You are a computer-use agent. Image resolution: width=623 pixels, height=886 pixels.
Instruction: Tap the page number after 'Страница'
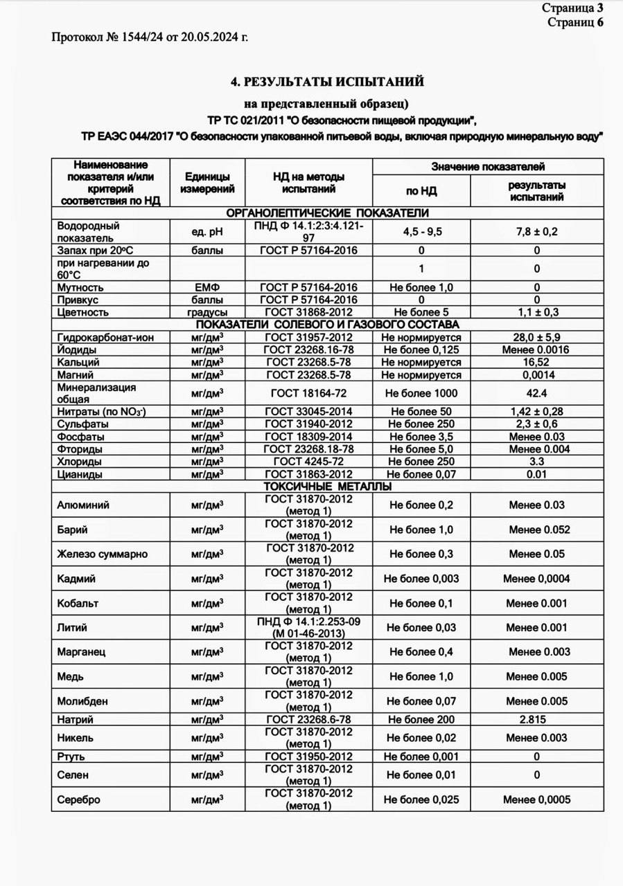coord(600,8)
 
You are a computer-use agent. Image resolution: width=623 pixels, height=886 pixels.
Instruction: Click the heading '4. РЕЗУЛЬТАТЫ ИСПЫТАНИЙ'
coord(327,82)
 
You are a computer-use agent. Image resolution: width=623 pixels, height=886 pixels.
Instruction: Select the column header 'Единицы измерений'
coord(207,183)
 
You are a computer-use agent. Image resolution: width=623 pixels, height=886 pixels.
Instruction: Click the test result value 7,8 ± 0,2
coord(536,232)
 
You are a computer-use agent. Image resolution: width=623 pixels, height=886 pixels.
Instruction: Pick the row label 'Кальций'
coord(78,362)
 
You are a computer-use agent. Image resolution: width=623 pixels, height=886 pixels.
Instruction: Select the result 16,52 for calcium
coord(536,362)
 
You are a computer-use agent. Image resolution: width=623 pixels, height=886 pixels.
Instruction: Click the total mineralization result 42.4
coord(536,393)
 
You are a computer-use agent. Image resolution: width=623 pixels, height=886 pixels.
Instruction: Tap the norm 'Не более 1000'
coord(421,393)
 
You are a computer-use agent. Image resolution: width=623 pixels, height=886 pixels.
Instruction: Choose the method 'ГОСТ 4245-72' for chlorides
coord(308,462)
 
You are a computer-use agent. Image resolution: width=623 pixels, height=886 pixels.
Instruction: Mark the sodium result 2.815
coord(536,720)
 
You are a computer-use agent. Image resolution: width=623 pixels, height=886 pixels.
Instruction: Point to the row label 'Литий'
coord(73,628)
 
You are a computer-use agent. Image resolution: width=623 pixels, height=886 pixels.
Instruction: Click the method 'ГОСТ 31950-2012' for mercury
coord(308,757)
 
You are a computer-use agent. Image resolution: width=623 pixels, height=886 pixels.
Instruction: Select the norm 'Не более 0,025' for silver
coord(421,799)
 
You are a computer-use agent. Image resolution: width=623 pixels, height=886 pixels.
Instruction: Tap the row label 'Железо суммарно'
coord(102,554)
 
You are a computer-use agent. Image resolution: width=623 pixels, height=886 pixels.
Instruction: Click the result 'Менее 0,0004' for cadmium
coord(536,579)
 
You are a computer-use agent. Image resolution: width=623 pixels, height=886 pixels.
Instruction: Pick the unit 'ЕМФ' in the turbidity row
coord(207,287)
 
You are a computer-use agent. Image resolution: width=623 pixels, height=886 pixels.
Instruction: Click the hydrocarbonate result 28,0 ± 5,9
coord(536,336)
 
